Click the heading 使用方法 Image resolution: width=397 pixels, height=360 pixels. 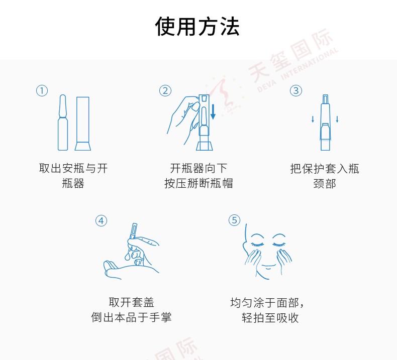pos(197,26)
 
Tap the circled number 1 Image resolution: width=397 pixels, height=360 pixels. pos(42,90)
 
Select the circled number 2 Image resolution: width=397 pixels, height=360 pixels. pos(165,90)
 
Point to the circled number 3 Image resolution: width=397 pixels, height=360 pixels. pos(296,90)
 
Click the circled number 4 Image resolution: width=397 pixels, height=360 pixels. pos(102,221)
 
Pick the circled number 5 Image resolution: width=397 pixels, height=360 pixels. pos(235,220)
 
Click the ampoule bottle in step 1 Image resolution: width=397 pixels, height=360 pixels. pos(63,123)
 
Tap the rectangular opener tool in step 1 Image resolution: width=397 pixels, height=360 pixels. pos(83,124)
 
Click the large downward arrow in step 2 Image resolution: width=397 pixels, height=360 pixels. pos(213,111)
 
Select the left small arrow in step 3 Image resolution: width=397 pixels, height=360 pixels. pos(313,119)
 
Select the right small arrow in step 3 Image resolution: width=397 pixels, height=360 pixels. pos(337,119)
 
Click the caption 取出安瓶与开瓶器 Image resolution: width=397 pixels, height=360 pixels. pos(73,176)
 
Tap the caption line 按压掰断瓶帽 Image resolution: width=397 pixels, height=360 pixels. pos(198,183)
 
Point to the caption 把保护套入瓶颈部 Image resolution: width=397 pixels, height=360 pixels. pos(325,176)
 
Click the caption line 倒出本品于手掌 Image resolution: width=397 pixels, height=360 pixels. pos(131,317)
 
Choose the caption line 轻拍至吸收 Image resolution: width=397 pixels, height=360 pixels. pos(270,318)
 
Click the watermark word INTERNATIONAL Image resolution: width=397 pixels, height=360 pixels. pos(310,64)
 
